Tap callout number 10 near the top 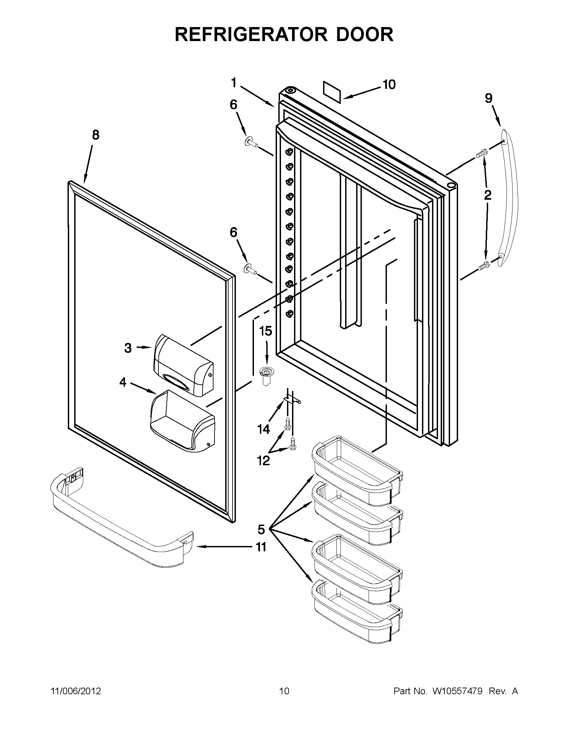389,84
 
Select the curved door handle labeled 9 509,199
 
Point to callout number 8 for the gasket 96,135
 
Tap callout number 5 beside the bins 261,530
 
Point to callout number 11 261,547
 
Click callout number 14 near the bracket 263,429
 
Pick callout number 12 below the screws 263,460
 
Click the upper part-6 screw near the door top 251,143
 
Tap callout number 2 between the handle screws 487,195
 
